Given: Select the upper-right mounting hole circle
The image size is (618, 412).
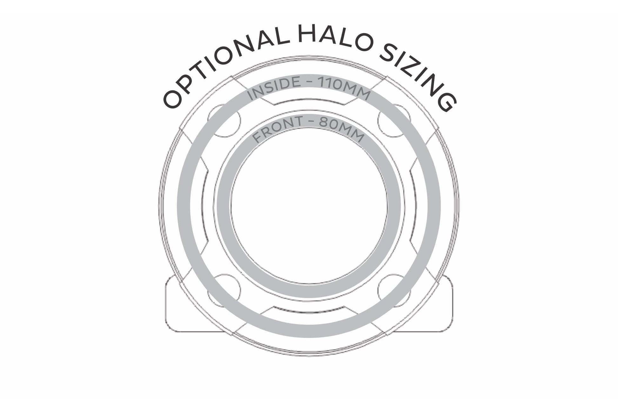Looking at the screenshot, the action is [394, 121].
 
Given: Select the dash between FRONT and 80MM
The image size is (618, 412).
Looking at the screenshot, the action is [312, 125].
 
